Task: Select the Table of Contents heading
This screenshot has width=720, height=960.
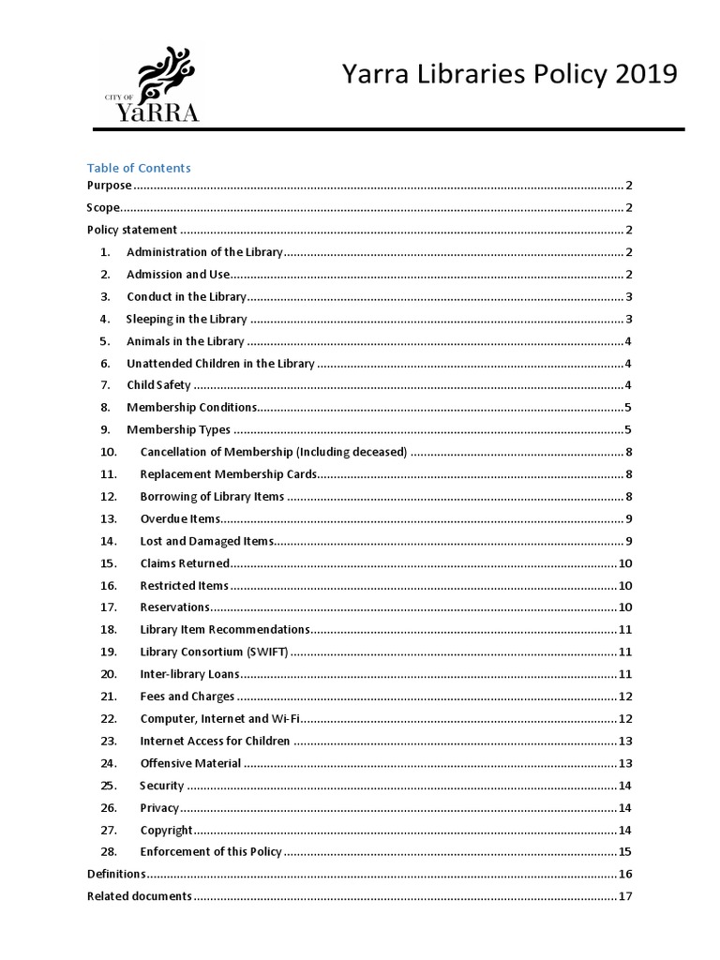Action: (139, 168)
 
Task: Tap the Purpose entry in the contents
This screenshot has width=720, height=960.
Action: (110, 186)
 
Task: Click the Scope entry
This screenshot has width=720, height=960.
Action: (104, 208)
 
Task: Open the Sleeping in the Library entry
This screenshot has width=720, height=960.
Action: (187, 319)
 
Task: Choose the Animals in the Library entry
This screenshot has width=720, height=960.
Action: (185, 341)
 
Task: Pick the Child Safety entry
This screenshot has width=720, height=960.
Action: (158, 385)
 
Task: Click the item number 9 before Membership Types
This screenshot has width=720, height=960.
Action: (106, 430)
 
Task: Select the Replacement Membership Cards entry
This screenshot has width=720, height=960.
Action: (228, 474)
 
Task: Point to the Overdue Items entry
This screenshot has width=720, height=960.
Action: (180, 518)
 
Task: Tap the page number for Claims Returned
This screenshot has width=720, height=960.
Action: (625, 563)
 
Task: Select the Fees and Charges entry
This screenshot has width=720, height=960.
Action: (187, 697)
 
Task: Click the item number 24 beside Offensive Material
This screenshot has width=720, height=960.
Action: (109, 763)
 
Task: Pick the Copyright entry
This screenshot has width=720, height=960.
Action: (166, 830)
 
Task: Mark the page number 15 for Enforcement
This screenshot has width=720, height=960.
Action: (625, 852)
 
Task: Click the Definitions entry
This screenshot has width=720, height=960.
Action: (116, 874)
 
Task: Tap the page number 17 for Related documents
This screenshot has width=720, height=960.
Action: (625, 896)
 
